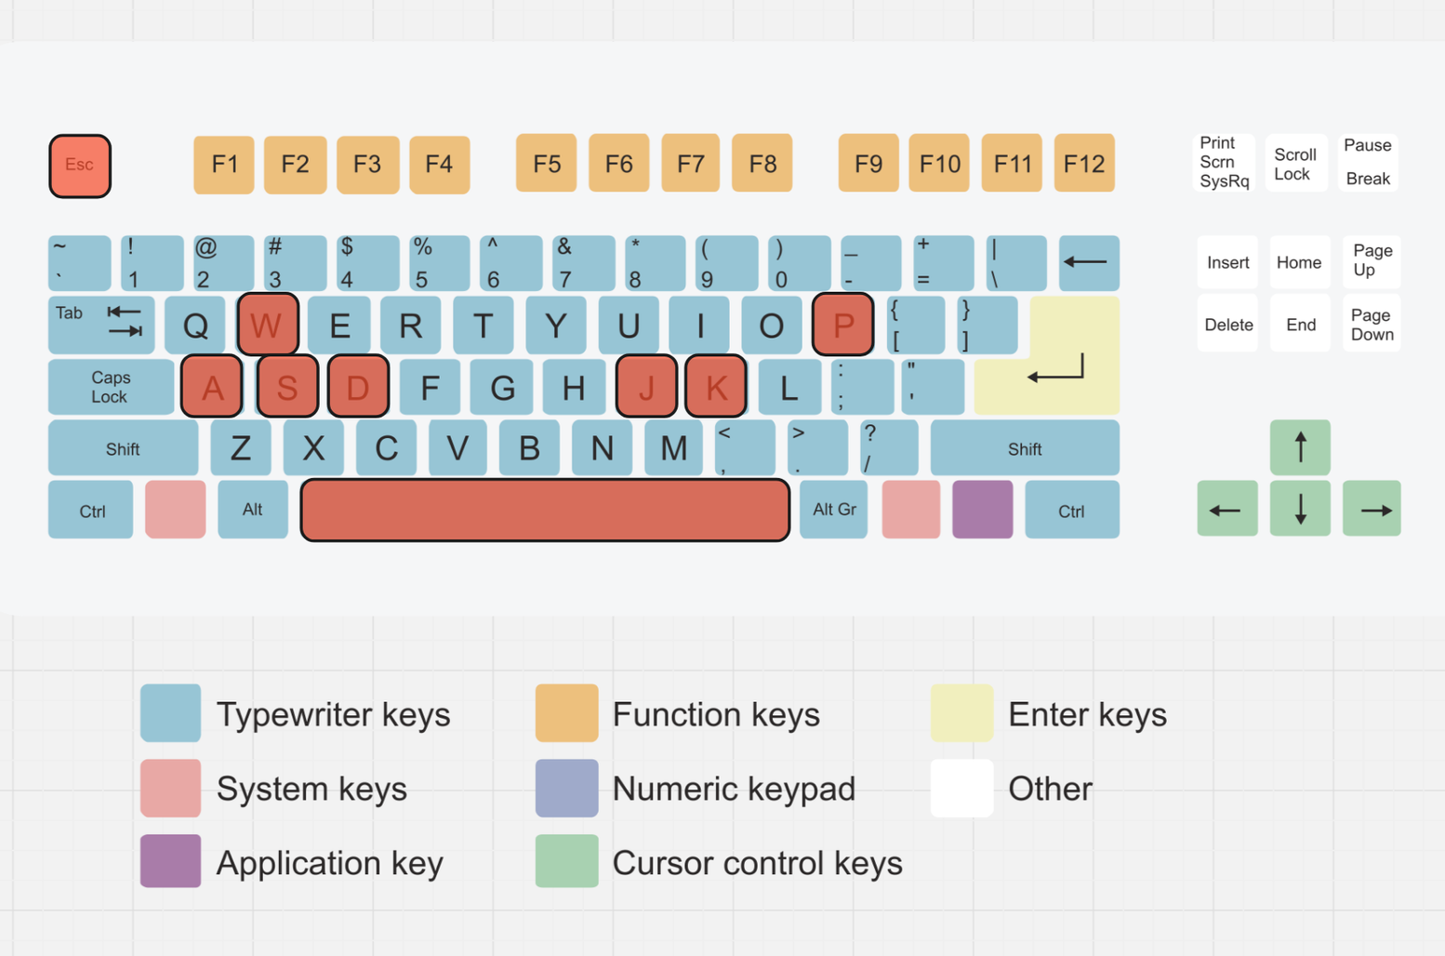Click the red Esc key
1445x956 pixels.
pyautogui.click(x=80, y=166)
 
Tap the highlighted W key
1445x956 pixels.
pyautogui.click(x=268, y=325)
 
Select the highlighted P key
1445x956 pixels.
pyautogui.click(x=842, y=325)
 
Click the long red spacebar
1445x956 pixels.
pyautogui.click(x=545, y=510)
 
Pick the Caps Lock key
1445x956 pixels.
pyautogui.click(x=111, y=387)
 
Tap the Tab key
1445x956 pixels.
pyautogui.click(x=101, y=325)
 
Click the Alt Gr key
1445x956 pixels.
pyautogui.click(x=834, y=510)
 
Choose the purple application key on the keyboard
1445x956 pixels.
pyautogui.click(x=982, y=510)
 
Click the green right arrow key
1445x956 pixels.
pyautogui.click(x=1372, y=510)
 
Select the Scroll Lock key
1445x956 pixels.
pyautogui.click(x=1295, y=164)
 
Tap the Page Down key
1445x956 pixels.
pyautogui.click(x=1372, y=325)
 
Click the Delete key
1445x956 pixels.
pyautogui.click(x=1228, y=325)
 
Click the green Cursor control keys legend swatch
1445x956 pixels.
pyautogui.click(x=566, y=861)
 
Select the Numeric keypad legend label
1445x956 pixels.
pyautogui.click(x=734, y=789)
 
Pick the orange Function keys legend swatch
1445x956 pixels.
pyautogui.click(x=566, y=713)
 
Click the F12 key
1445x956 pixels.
pyautogui.click(x=1084, y=164)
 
